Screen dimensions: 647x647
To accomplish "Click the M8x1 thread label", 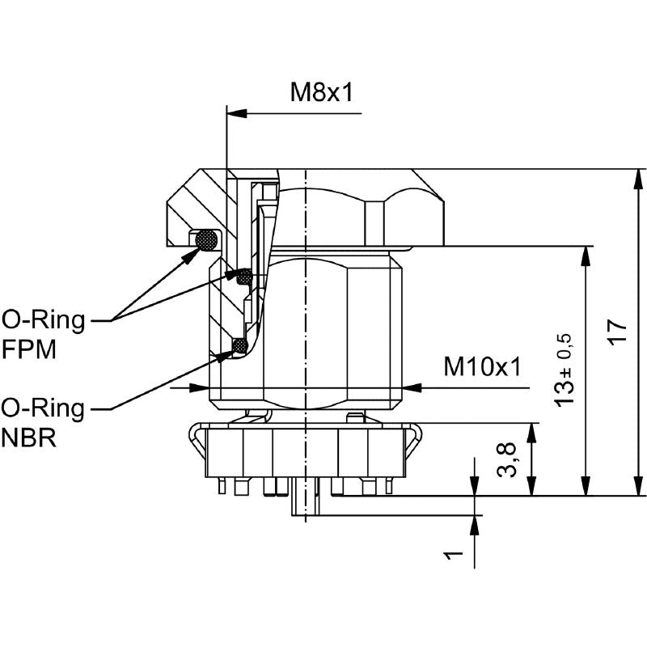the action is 322,92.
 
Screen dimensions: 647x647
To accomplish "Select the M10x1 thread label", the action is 482,366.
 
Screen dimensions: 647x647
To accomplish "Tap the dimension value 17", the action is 617,331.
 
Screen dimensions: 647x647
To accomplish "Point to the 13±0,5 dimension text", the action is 564,370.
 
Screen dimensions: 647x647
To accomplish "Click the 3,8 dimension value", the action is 506,459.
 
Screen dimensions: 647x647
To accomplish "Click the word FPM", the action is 29,350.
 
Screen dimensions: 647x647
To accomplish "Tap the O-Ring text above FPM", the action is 44,319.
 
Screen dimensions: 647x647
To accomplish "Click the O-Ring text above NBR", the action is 43,408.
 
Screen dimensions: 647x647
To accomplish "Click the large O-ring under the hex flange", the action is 206,239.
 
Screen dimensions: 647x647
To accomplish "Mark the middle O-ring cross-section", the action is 244,276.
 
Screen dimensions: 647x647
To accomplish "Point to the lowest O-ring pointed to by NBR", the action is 239,345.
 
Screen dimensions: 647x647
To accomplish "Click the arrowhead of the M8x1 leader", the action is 237,113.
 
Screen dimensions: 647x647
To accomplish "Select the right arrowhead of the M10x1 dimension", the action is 412,388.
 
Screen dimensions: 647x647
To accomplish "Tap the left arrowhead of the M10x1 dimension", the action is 200,388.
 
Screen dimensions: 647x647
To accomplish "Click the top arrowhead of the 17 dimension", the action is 638,179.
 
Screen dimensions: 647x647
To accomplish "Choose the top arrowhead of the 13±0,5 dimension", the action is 585,256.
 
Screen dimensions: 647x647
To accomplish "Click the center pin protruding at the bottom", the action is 306,497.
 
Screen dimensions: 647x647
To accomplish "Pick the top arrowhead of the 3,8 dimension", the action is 532,433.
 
